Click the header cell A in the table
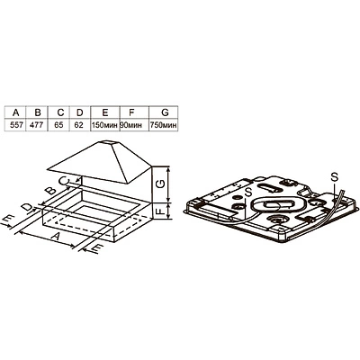pyautogui.click(x=16, y=112)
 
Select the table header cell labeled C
pyautogui.click(x=60, y=112)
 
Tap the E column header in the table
pyautogui.click(x=104, y=112)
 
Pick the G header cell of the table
pyautogui.click(x=165, y=112)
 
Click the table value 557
pyautogui.click(x=16, y=125)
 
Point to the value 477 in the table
pyautogui.click(x=38, y=125)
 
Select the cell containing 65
pyautogui.click(x=59, y=125)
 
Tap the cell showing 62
pyautogui.click(x=78, y=125)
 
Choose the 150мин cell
pyautogui.click(x=104, y=125)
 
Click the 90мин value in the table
pyautogui.click(x=131, y=125)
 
